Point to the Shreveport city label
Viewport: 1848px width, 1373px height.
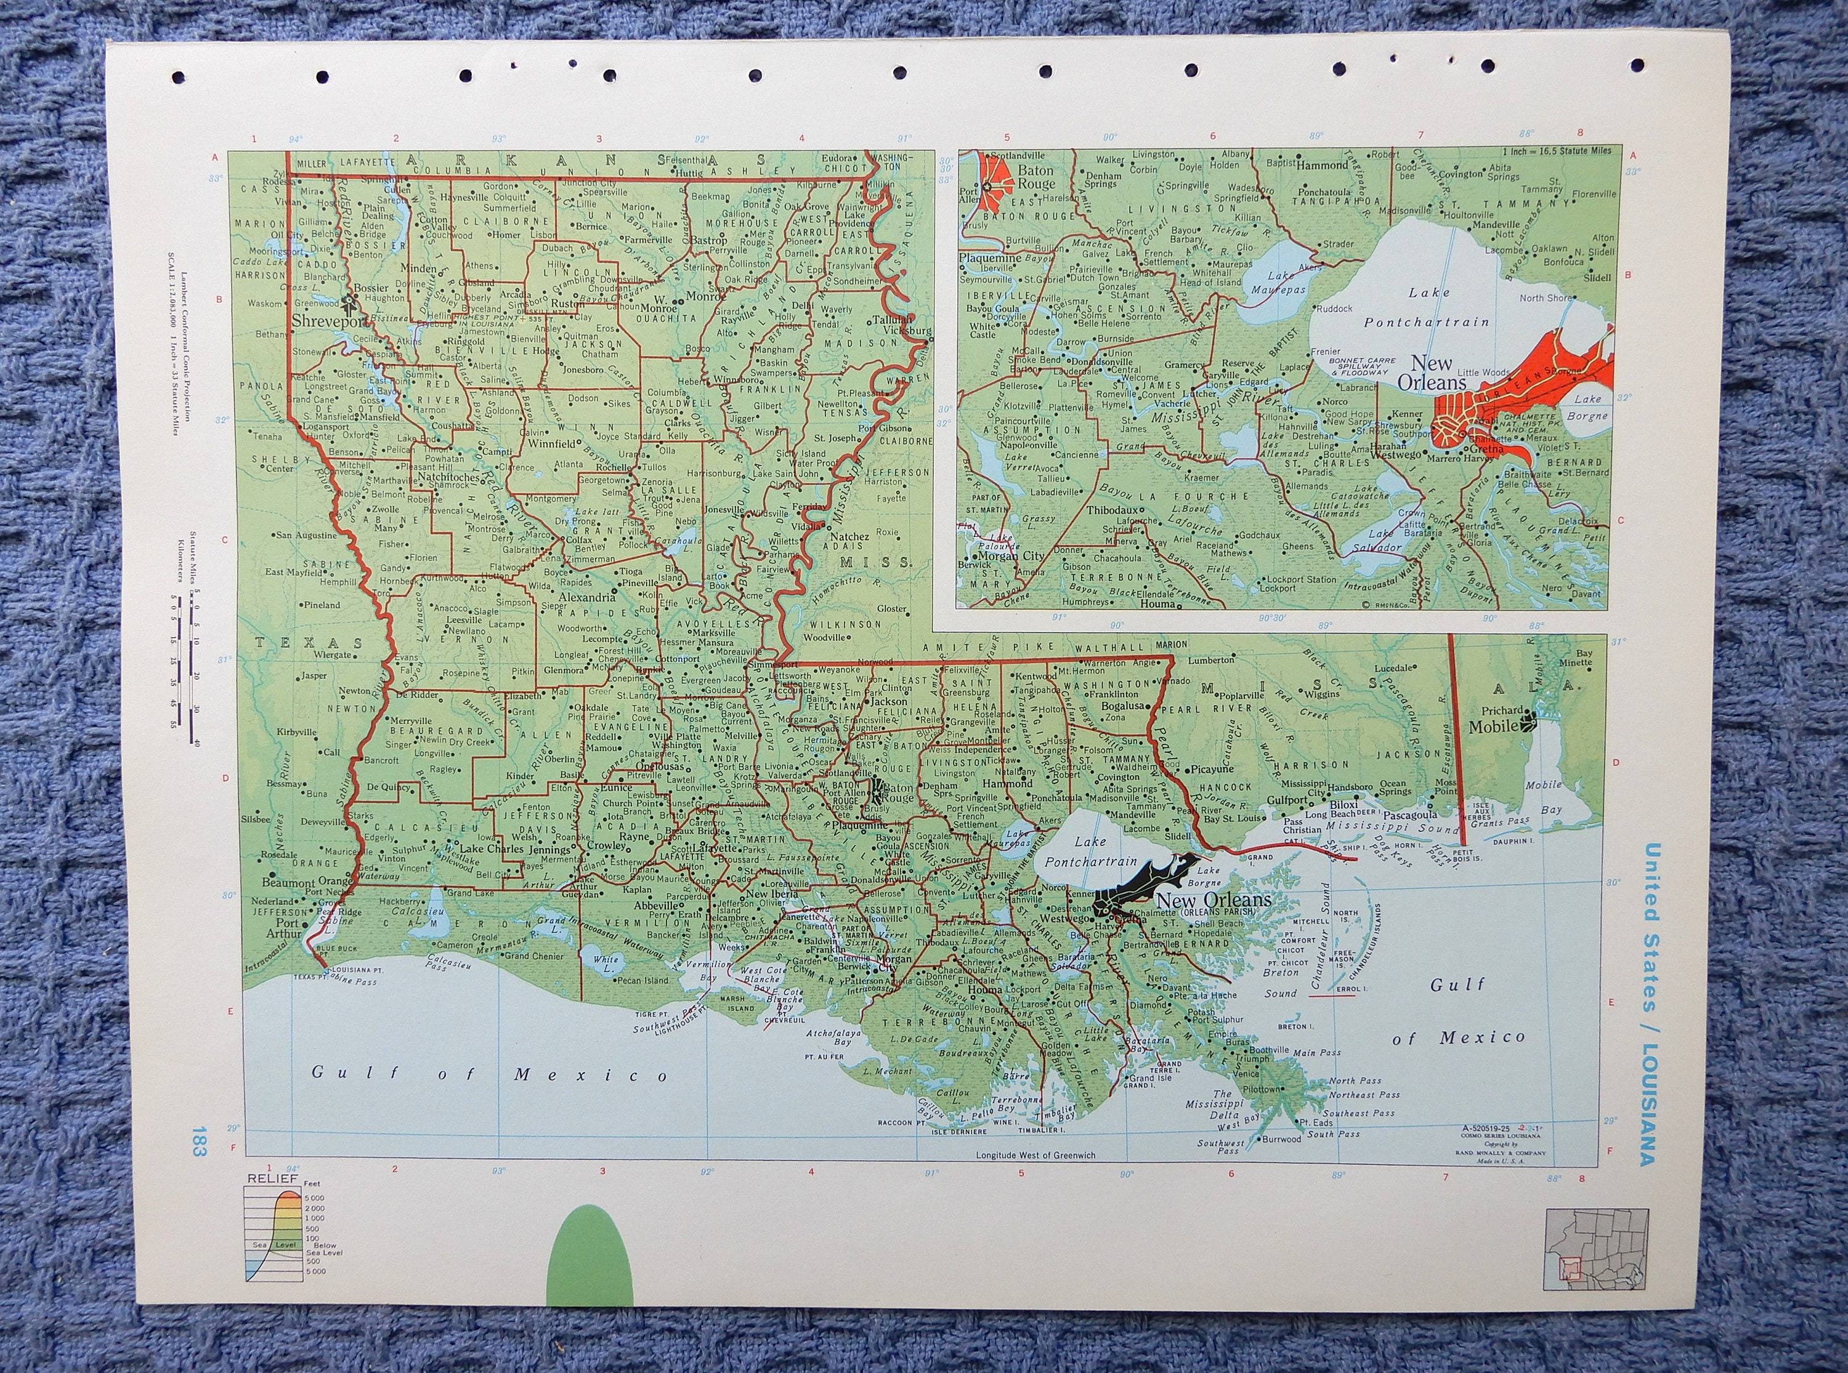328,321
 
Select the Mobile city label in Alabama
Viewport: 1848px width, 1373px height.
1494,725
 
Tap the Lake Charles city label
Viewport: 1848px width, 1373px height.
492,848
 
